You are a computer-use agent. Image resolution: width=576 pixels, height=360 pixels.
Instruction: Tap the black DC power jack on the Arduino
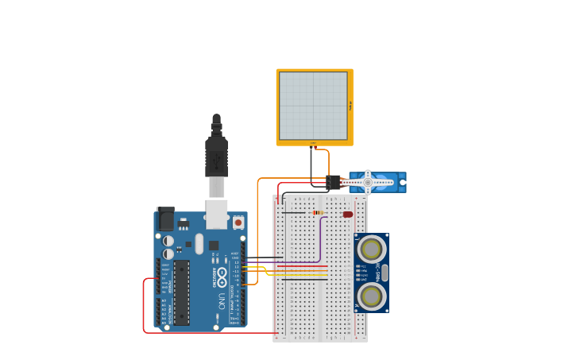165,219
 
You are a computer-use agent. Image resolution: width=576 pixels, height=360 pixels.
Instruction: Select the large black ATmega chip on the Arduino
182,292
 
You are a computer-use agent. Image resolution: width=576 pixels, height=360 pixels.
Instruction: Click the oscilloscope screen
313,106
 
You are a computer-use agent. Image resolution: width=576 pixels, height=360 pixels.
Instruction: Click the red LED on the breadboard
348,214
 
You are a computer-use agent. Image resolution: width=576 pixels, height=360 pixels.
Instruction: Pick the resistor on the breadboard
318,213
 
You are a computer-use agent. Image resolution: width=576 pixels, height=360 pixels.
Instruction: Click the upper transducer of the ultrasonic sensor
371,250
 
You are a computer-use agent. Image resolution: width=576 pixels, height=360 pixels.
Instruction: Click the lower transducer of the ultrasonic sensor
371,296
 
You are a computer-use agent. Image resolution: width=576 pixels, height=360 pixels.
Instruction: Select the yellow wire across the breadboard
302,270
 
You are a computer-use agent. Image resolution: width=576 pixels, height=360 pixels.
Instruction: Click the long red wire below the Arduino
211,332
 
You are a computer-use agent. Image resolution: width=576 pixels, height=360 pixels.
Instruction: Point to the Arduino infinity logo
222,277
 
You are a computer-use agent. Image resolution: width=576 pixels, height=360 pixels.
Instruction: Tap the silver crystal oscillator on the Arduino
199,243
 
